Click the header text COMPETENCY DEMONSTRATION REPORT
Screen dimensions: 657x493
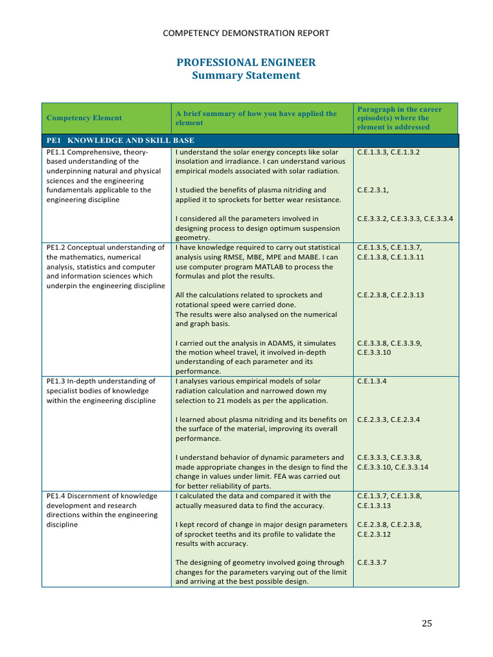tap(246, 33)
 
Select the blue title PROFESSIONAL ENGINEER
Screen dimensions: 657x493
tap(246, 62)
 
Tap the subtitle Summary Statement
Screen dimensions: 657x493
tap(246, 75)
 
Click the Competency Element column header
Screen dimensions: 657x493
tap(83, 118)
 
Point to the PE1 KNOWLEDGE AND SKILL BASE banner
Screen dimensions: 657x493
tap(121, 141)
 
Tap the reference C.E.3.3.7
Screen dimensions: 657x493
tap(372, 563)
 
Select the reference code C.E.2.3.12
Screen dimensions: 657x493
tap(373, 534)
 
